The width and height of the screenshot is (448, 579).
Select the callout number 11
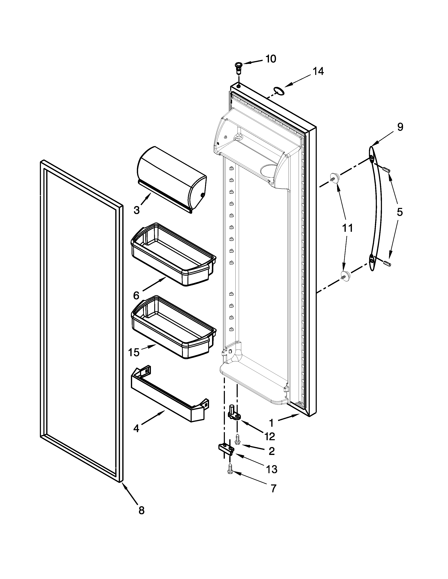(x=348, y=228)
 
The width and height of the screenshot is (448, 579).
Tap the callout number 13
(x=271, y=469)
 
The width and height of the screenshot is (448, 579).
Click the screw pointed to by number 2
(x=238, y=439)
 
